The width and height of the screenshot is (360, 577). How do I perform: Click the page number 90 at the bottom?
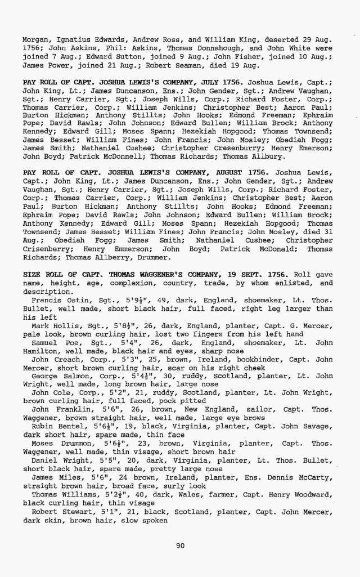coord(180,544)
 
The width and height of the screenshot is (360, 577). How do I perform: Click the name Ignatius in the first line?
coord(70,40)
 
